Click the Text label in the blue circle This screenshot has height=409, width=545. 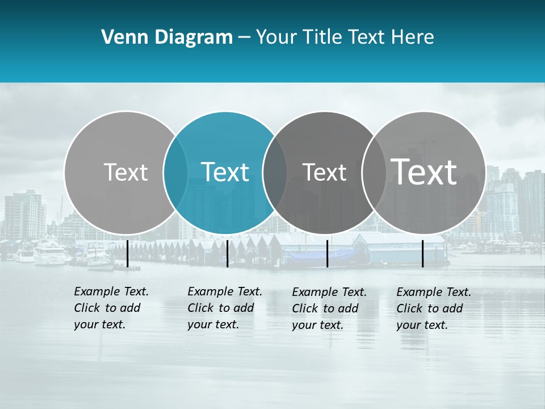[225, 172]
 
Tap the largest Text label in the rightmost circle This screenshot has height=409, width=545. [424, 172]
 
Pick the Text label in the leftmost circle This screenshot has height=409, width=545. [125, 172]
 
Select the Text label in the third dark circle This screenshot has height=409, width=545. [324, 172]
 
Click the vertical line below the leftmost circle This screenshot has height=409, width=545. [127, 253]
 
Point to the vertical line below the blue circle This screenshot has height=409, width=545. [227, 253]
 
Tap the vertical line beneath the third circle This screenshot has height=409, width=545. [327, 253]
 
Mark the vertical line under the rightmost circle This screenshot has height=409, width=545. [423, 253]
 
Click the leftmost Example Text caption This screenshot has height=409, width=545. [111, 308]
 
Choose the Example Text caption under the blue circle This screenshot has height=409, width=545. [224, 308]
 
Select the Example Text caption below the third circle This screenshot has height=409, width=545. [329, 308]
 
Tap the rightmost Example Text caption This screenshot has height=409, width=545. [433, 308]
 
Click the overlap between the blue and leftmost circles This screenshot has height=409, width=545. [175, 172]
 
